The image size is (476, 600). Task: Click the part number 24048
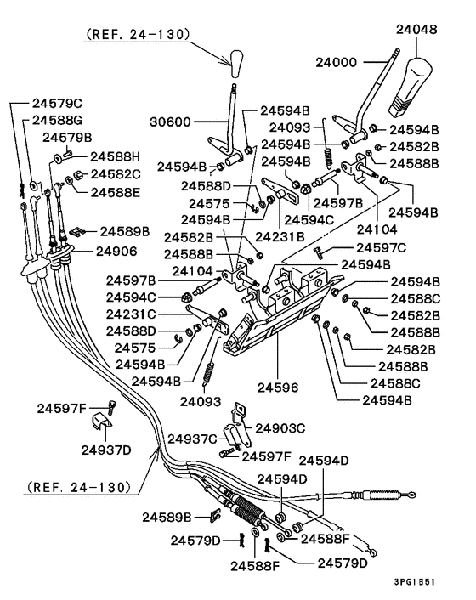click(416, 30)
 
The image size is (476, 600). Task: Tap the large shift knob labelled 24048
click(411, 86)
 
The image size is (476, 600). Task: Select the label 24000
click(336, 62)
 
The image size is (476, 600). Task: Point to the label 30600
click(170, 122)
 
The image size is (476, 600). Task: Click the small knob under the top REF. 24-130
click(236, 63)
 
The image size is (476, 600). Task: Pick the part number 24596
click(277, 388)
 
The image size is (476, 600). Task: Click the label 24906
click(116, 252)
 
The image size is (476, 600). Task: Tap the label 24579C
click(57, 104)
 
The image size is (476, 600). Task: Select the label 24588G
click(57, 120)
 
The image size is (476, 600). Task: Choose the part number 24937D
click(106, 450)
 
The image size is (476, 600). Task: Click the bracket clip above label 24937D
click(102, 422)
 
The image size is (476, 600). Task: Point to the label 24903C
click(280, 428)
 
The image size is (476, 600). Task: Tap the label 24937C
click(192, 439)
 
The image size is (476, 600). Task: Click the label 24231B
click(280, 237)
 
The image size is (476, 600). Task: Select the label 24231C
click(131, 314)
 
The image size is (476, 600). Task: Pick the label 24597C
click(381, 248)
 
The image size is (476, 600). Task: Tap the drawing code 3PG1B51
click(415, 582)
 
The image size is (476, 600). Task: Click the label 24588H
click(115, 156)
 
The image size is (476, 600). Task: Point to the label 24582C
click(116, 174)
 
